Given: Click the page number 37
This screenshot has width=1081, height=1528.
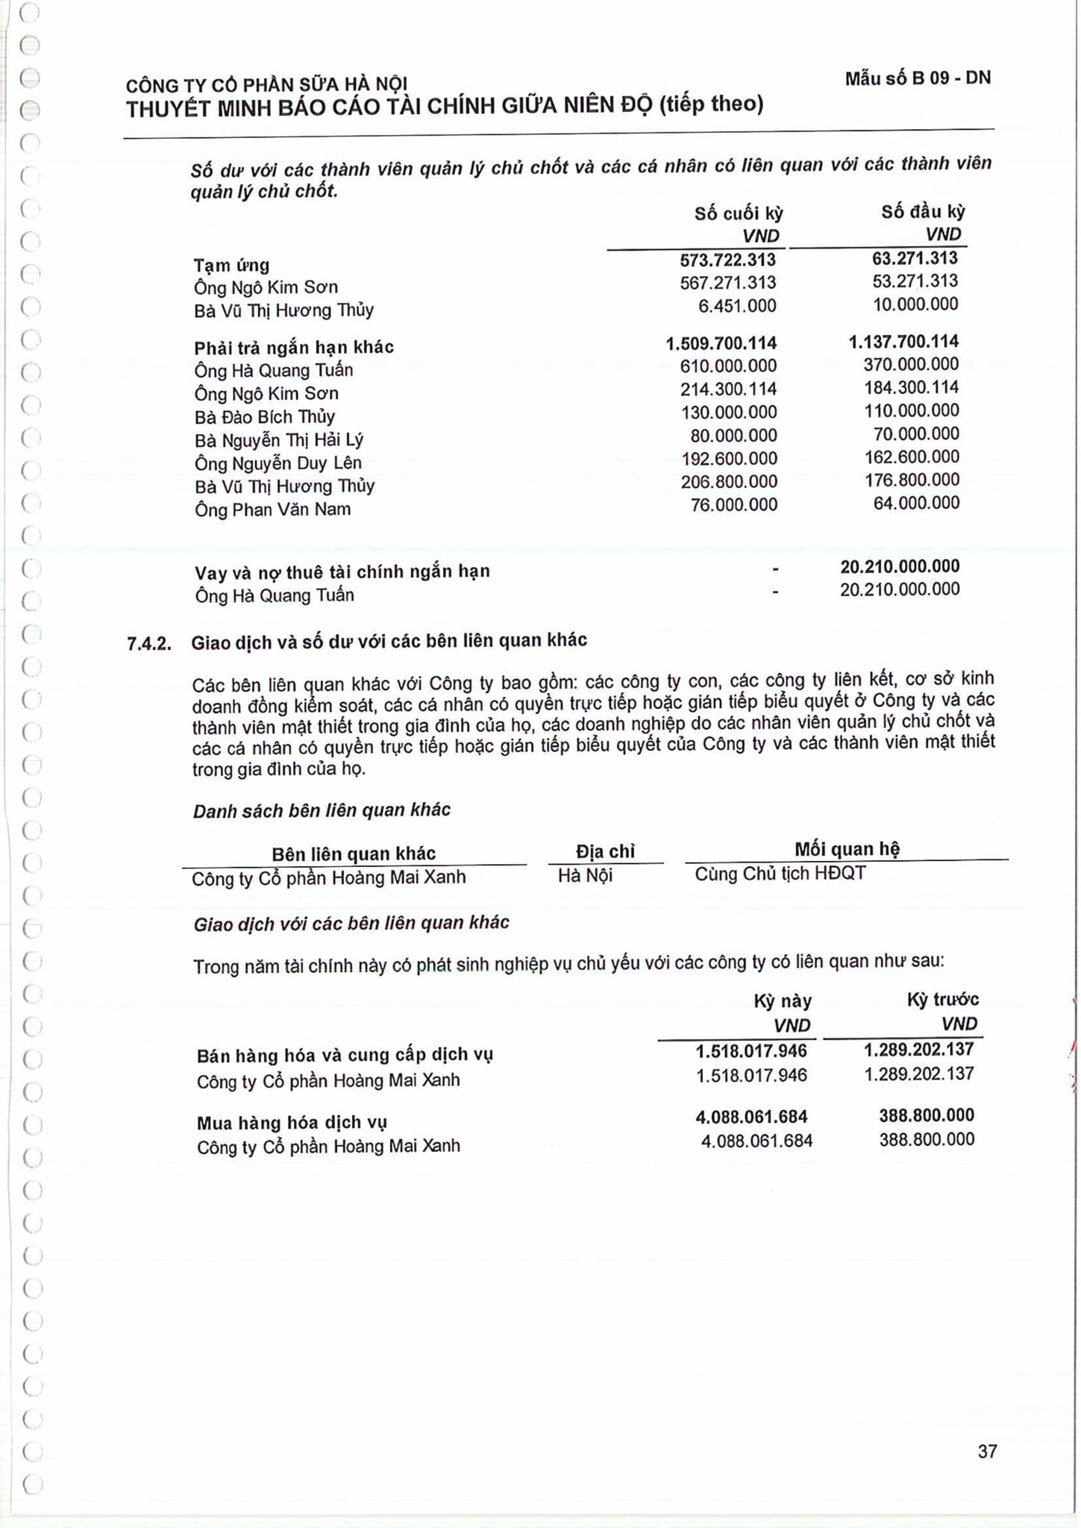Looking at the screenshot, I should pyautogui.click(x=986, y=1451).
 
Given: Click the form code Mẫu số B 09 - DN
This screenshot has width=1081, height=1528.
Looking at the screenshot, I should pyautogui.click(x=917, y=78).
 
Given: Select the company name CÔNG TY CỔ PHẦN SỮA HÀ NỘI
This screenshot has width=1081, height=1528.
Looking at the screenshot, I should pyautogui.click(x=266, y=84).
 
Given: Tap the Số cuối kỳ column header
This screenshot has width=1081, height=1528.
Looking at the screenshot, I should pyautogui.click(x=738, y=213).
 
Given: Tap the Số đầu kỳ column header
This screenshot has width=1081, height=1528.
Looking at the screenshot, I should pyautogui.click(x=922, y=212).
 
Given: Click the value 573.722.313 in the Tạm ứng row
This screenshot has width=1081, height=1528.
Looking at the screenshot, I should pyautogui.click(x=727, y=260).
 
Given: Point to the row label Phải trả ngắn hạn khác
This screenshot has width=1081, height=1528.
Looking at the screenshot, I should pyautogui.click(x=294, y=347).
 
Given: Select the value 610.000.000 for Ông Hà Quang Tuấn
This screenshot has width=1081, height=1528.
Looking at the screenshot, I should pyautogui.click(x=728, y=366).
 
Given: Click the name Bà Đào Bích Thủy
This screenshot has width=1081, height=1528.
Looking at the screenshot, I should pyautogui.click(x=264, y=416).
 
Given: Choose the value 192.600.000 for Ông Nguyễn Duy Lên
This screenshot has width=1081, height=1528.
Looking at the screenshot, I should pyautogui.click(x=728, y=458).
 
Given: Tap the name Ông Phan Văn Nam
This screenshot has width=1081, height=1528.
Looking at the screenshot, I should pyautogui.click(x=272, y=510).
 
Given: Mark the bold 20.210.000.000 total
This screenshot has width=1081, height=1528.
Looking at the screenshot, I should pyautogui.click(x=899, y=566).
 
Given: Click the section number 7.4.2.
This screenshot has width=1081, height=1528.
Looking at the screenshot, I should pyautogui.click(x=149, y=643).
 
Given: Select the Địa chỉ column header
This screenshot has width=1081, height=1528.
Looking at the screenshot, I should pyautogui.click(x=605, y=851).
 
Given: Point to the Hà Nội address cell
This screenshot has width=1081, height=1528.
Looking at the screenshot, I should pyautogui.click(x=585, y=875).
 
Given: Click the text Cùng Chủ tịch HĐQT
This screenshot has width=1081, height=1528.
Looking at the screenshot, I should pyautogui.click(x=780, y=873).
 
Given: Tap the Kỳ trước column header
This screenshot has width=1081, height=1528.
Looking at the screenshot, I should pyautogui.click(x=942, y=999).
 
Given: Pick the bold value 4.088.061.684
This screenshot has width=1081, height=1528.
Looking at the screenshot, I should pyautogui.click(x=751, y=1116).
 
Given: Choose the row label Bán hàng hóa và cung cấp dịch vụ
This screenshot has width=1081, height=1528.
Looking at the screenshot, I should pyautogui.click(x=345, y=1055).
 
